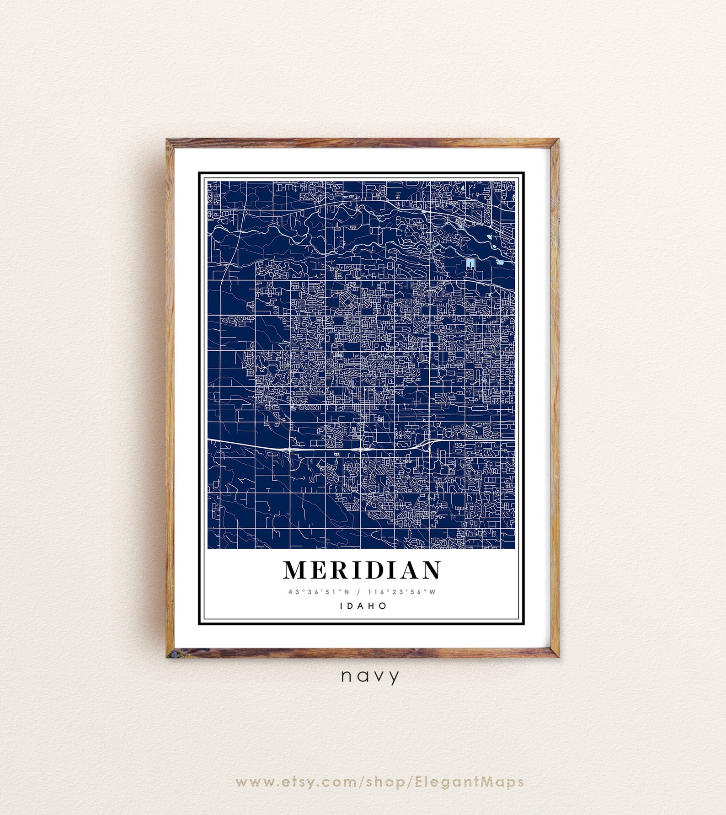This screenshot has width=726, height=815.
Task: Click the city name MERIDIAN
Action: (x=362, y=570)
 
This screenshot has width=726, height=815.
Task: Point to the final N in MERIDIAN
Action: (x=431, y=570)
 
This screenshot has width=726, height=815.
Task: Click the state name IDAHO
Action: (x=363, y=606)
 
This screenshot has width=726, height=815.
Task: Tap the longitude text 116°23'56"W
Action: (x=402, y=592)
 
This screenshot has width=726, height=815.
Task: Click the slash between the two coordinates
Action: (x=359, y=592)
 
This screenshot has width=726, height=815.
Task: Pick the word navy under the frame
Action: (x=370, y=676)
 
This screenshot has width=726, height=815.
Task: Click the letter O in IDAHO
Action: (x=384, y=606)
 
